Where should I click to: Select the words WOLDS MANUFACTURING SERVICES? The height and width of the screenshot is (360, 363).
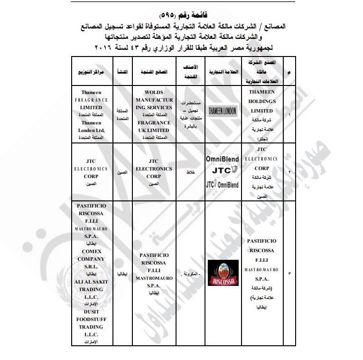(153, 100)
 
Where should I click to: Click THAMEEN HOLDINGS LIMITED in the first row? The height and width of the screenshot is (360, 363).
(262, 101)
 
